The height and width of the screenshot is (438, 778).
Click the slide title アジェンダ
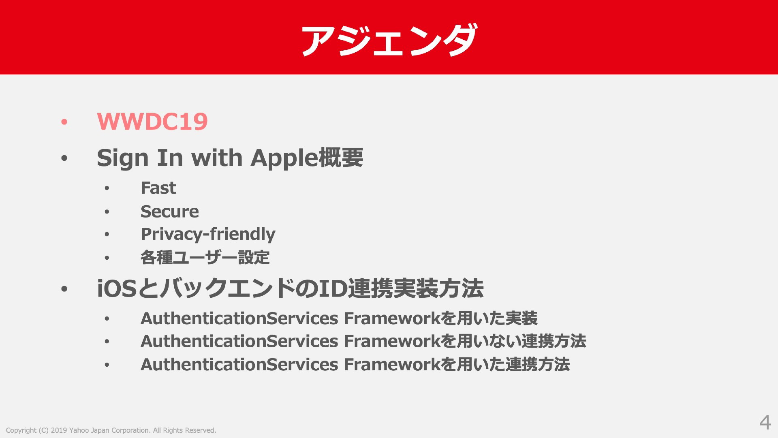point(389,40)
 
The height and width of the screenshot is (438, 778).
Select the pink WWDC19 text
point(152,121)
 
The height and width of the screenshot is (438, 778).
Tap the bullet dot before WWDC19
point(64,122)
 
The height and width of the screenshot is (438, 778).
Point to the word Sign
point(123,158)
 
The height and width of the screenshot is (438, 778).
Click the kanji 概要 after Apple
point(341,157)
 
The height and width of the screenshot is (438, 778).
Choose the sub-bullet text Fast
point(158,188)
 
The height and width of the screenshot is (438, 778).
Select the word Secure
point(170,212)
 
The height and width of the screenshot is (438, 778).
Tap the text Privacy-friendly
point(208,234)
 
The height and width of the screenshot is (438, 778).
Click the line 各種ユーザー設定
point(205,257)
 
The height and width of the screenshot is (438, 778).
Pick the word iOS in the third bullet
point(117,288)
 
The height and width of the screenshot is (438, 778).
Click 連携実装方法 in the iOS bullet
point(416,288)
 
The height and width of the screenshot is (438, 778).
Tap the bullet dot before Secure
point(107,212)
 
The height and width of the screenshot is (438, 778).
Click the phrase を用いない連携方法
point(513,341)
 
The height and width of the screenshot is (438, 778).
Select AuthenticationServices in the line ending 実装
point(239,318)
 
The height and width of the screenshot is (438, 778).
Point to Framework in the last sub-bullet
point(392,365)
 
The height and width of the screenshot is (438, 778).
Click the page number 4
point(765,422)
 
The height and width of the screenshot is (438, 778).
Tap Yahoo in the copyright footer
point(79,430)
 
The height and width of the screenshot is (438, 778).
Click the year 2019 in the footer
point(59,430)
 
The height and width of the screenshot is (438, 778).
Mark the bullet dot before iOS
point(64,289)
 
